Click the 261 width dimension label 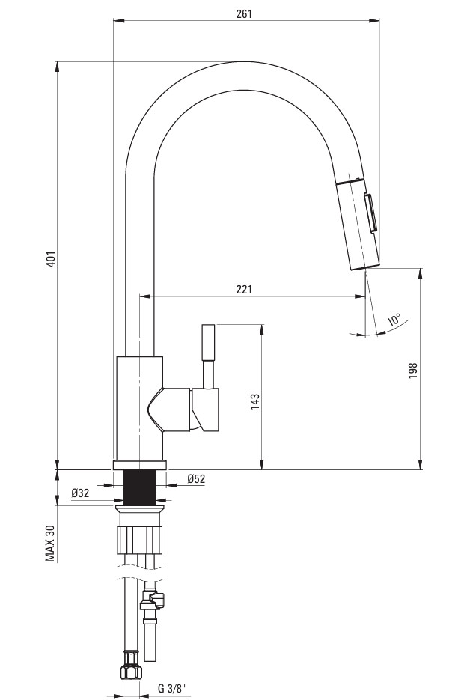243,13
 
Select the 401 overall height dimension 52,259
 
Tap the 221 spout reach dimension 244,289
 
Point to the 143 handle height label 254,401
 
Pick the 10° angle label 394,320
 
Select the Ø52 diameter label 196,479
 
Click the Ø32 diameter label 80,493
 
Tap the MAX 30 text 50,543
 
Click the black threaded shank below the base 140,487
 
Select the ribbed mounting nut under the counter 140,540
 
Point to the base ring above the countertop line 140,464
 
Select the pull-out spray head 357,223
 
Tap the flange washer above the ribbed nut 140,510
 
